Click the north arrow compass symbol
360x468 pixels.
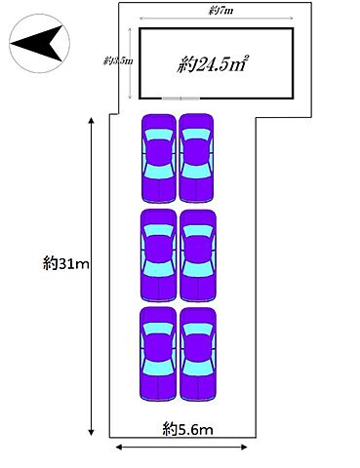39,43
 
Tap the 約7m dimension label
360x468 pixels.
220,11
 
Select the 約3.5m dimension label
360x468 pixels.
118,60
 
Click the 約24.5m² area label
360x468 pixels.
213,64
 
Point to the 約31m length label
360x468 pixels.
66,263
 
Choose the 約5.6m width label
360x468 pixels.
188,429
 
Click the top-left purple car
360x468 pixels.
159,158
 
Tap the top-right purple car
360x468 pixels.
196,158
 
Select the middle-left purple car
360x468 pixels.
158,255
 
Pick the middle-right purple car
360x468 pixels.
198,255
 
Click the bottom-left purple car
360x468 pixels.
158,354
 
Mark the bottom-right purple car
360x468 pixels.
198,354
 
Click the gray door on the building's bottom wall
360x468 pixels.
180,98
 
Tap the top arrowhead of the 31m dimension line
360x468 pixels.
92,121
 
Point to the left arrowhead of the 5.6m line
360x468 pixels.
119,448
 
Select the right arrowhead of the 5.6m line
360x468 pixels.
244,448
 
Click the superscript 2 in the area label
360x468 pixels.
246,58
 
